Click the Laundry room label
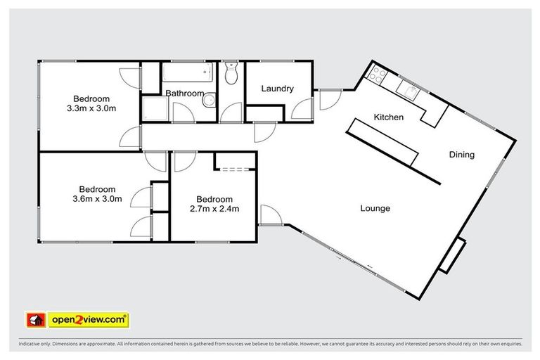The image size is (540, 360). tap(276, 89)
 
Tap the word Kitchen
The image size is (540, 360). tap(388, 117)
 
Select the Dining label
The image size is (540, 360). tap(462, 155)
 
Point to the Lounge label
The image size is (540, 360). tap(375, 208)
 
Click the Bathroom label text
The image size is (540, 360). tap(184, 94)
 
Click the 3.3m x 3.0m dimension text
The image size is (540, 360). tap(91, 109)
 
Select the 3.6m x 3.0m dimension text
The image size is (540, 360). tap(97, 199)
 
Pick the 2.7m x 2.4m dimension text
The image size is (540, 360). tap(214, 208)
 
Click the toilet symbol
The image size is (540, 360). tap(232, 74)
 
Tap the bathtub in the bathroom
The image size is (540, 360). tap(187, 72)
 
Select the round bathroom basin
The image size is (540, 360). tap(209, 102)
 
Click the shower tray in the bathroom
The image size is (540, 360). tap(153, 109)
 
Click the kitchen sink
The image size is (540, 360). tap(407, 89)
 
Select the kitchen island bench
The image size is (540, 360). tap(384, 143)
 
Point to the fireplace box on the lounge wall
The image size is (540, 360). tap(452, 255)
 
